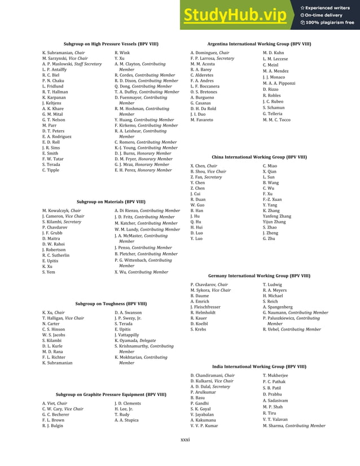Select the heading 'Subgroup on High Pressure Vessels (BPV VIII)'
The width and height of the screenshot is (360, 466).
(x=111, y=43)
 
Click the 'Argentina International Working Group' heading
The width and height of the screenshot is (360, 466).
(x=259, y=43)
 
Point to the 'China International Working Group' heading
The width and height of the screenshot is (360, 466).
(x=259, y=157)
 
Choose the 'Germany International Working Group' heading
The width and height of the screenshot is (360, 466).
(x=259, y=276)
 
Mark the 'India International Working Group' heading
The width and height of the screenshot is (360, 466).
(x=259, y=366)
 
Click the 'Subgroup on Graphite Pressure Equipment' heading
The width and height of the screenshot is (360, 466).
(x=111, y=394)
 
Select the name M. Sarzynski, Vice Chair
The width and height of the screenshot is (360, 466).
(x=65, y=58)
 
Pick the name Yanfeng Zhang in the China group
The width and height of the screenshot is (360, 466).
(x=277, y=216)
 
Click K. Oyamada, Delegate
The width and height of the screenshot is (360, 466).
(x=135, y=341)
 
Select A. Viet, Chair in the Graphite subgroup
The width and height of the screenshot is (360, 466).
(x=55, y=403)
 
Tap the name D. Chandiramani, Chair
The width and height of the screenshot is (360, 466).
(x=213, y=375)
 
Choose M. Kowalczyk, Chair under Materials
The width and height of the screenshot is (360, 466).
(x=62, y=210)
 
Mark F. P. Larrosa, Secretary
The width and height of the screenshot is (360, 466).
(x=212, y=58)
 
